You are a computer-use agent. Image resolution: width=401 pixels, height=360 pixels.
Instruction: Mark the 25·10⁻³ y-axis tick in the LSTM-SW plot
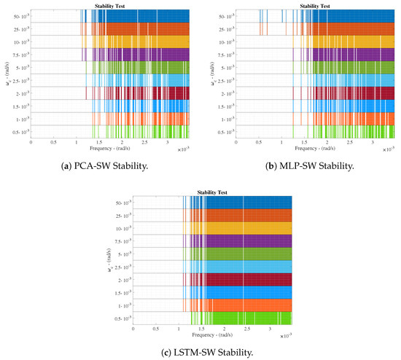click(122, 215)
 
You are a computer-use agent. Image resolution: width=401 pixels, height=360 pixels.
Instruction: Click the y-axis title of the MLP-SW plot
click(211, 73)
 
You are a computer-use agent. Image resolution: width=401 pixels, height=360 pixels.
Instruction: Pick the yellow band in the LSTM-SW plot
click(248, 228)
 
